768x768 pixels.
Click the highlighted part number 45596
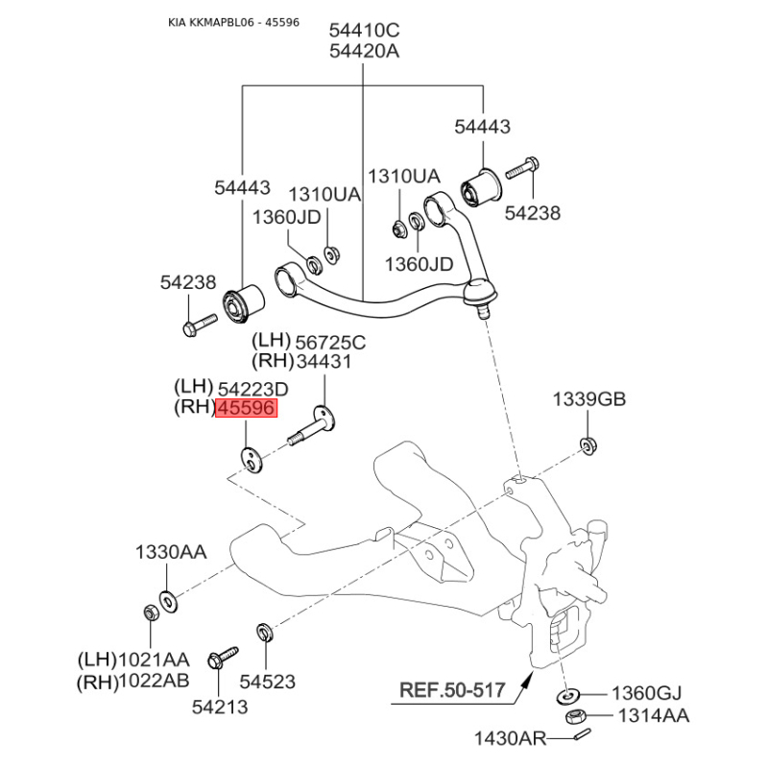pos(247,408)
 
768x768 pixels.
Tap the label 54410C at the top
pos(364,31)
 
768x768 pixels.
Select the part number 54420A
pos(364,51)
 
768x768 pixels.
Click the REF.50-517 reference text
pos(452,690)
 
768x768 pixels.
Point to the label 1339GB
pos(589,399)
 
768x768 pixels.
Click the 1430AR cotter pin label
pos(510,738)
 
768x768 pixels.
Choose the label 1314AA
pos(654,715)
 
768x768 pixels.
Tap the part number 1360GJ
pos(646,693)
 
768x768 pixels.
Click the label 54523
pos(268,682)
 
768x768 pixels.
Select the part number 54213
pos(220,707)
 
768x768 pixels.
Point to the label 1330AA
pos(171,553)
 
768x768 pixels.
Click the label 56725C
pos(330,343)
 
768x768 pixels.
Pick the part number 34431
pos(324,362)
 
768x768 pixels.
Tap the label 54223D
pos(252,390)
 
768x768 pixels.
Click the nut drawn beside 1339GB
pos(588,445)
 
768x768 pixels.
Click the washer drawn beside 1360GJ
pos(568,695)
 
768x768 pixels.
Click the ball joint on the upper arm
pos(481,295)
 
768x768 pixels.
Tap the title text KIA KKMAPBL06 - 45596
pos(233,22)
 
